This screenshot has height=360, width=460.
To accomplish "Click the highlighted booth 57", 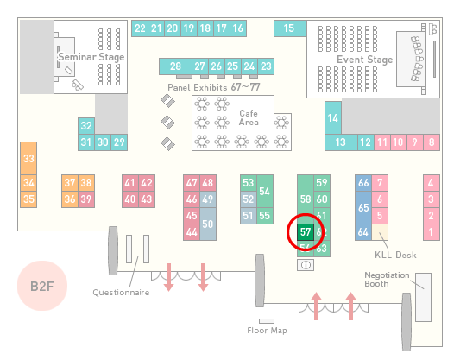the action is coord(306,232).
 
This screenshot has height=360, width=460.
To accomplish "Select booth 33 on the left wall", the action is coord(28,159).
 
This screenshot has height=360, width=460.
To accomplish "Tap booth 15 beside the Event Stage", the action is coord(290,28).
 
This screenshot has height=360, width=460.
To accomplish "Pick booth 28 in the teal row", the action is coord(175,66).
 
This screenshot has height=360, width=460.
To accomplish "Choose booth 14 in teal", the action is coord(333,118).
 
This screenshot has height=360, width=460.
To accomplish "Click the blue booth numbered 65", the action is coord(363,207).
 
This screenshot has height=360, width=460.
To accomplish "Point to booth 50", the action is coord(208,224).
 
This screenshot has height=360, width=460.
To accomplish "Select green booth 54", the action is coord(265,192).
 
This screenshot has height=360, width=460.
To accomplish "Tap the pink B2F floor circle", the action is coord(42,286).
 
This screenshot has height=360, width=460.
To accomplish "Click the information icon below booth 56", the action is coord(306,265).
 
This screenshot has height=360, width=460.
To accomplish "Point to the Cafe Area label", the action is coord(249,117).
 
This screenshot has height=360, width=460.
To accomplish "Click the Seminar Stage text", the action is coord(91,57).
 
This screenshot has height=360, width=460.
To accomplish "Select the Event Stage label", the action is coord(365,60).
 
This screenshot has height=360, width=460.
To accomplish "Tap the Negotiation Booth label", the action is coord(387,280).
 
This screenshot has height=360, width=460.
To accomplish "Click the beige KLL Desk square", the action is coord(380,232).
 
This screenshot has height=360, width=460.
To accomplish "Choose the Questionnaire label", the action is coord(121,292).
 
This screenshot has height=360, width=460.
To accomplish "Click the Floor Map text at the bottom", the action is coord(267,331).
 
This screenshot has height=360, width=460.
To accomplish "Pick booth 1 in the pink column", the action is coord(432,232).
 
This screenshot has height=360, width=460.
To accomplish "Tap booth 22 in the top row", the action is coord(140,28).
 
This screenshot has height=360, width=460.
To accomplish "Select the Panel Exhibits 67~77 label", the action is coord(214,87).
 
